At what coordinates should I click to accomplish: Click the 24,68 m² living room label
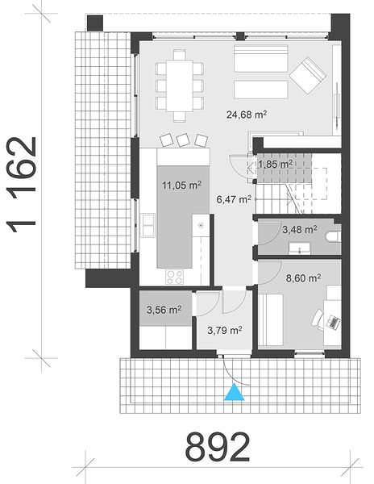[x=247, y=115]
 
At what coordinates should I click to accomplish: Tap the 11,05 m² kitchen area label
[x=182, y=186]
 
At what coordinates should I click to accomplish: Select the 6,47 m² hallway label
[x=234, y=199]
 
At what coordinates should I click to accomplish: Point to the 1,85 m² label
[x=276, y=165]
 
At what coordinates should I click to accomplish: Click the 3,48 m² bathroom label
[x=300, y=229]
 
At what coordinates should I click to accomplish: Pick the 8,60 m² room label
[x=303, y=278]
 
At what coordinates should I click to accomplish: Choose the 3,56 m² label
[x=164, y=310]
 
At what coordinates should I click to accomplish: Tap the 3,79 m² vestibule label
[x=224, y=330]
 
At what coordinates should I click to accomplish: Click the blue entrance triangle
[x=234, y=392]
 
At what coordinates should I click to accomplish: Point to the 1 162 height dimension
[x=22, y=185]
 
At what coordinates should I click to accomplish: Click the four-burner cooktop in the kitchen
[x=175, y=277]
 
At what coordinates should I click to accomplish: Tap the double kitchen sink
[x=148, y=225]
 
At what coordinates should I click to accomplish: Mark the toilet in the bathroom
[x=334, y=236]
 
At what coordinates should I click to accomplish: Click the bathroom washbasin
[x=299, y=248]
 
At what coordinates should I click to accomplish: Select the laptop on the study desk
[x=334, y=323]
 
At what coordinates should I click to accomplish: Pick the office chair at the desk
[x=318, y=319]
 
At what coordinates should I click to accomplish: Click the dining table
[x=180, y=86]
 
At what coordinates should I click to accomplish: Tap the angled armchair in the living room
[x=307, y=75]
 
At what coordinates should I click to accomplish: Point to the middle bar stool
[x=183, y=140]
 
